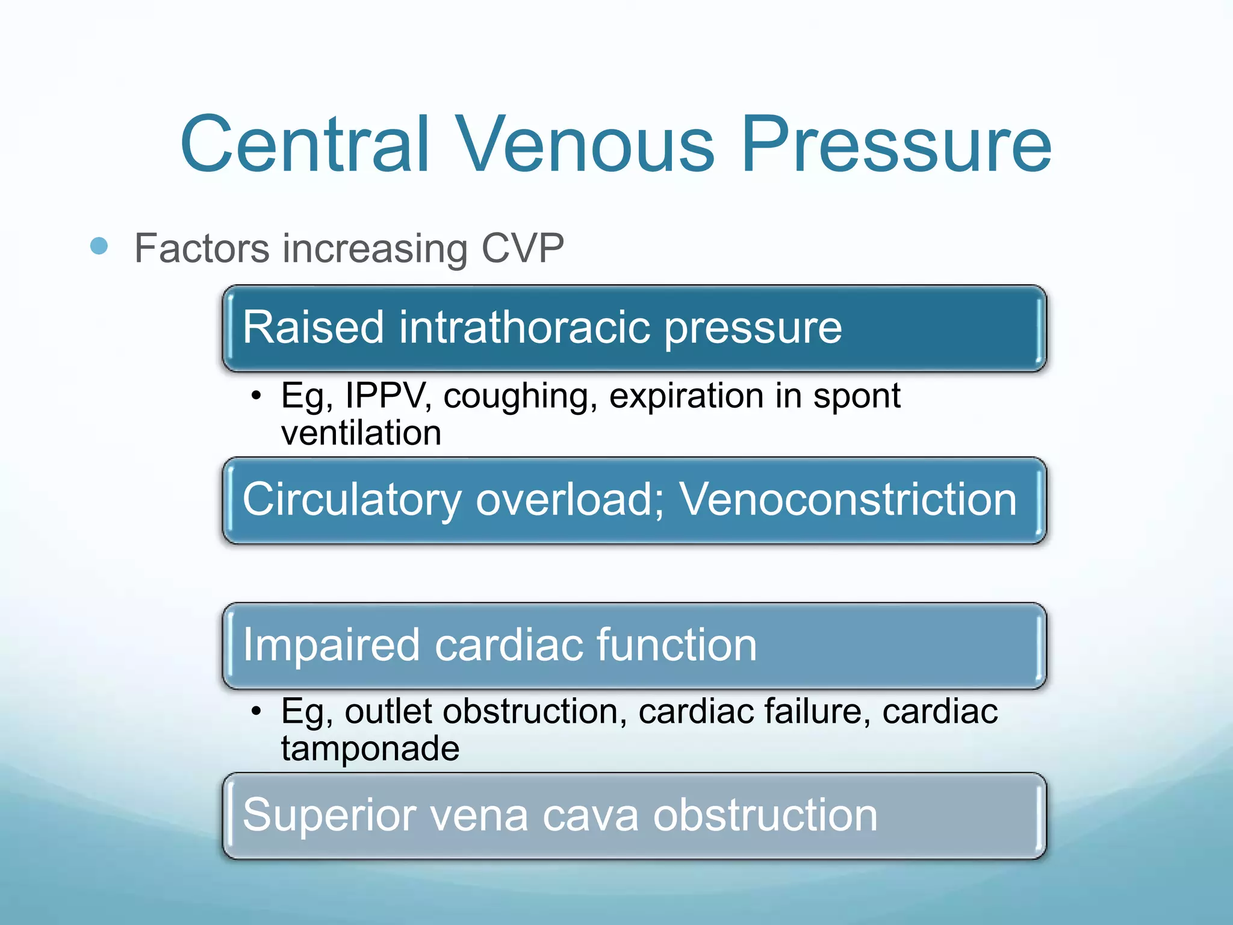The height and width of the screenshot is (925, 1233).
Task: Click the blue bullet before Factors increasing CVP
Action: point(99,246)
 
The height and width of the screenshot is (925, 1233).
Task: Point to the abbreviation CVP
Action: point(522,248)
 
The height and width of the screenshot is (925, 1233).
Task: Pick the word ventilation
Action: point(361,433)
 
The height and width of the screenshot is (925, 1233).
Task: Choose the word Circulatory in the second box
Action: point(352,500)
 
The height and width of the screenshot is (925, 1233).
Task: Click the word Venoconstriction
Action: point(848,499)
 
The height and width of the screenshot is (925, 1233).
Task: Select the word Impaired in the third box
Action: point(331,645)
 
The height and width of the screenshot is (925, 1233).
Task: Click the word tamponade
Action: point(370,749)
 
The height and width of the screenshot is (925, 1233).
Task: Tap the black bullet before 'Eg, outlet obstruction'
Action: point(257,711)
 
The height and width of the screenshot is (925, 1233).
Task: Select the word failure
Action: point(818,711)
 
